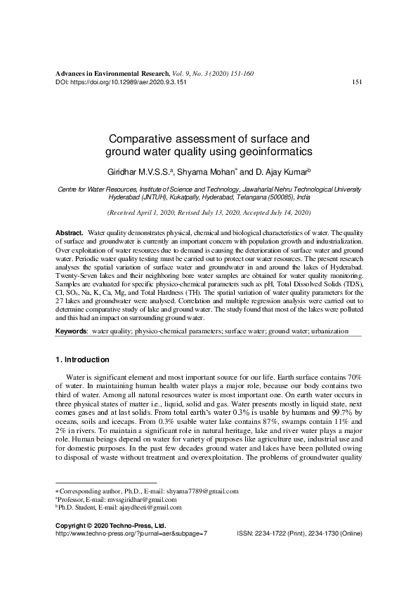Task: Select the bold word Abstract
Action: click(x=69, y=232)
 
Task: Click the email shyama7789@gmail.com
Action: click(x=202, y=491)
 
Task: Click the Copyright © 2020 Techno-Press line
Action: click(x=100, y=525)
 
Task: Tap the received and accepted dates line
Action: click(x=209, y=212)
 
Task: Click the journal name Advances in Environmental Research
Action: click(x=112, y=73)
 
